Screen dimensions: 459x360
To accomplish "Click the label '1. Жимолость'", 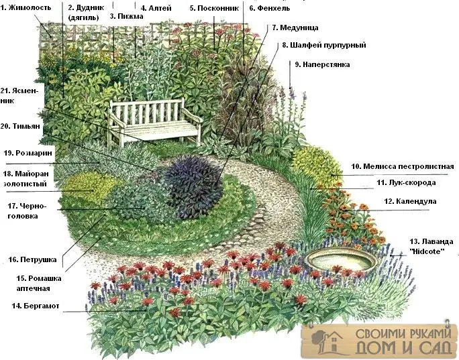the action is [x=25, y=7].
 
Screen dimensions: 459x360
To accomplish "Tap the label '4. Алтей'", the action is [x=156, y=8].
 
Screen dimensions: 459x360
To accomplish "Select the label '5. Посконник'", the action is [x=214, y=8].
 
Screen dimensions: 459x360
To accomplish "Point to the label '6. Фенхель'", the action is [x=270, y=8].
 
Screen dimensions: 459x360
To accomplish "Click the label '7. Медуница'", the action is [x=295, y=27].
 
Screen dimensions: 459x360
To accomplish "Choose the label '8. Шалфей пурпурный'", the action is [x=324, y=46].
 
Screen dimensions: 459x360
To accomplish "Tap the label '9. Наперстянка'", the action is [x=322, y=64].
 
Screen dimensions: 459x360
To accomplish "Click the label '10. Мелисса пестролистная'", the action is [x=403, y=166].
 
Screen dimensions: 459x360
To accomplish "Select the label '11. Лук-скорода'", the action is [x=406, y=182].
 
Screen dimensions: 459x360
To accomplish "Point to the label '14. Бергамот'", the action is [x=36, y=306].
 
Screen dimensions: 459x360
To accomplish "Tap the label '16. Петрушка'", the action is [x=32, y=259].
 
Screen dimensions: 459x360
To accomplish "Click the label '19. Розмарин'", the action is [x=28, y=153].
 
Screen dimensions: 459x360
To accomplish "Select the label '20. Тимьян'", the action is [x=20, y=126].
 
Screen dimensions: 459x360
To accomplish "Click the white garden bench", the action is [x=154, y=121].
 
